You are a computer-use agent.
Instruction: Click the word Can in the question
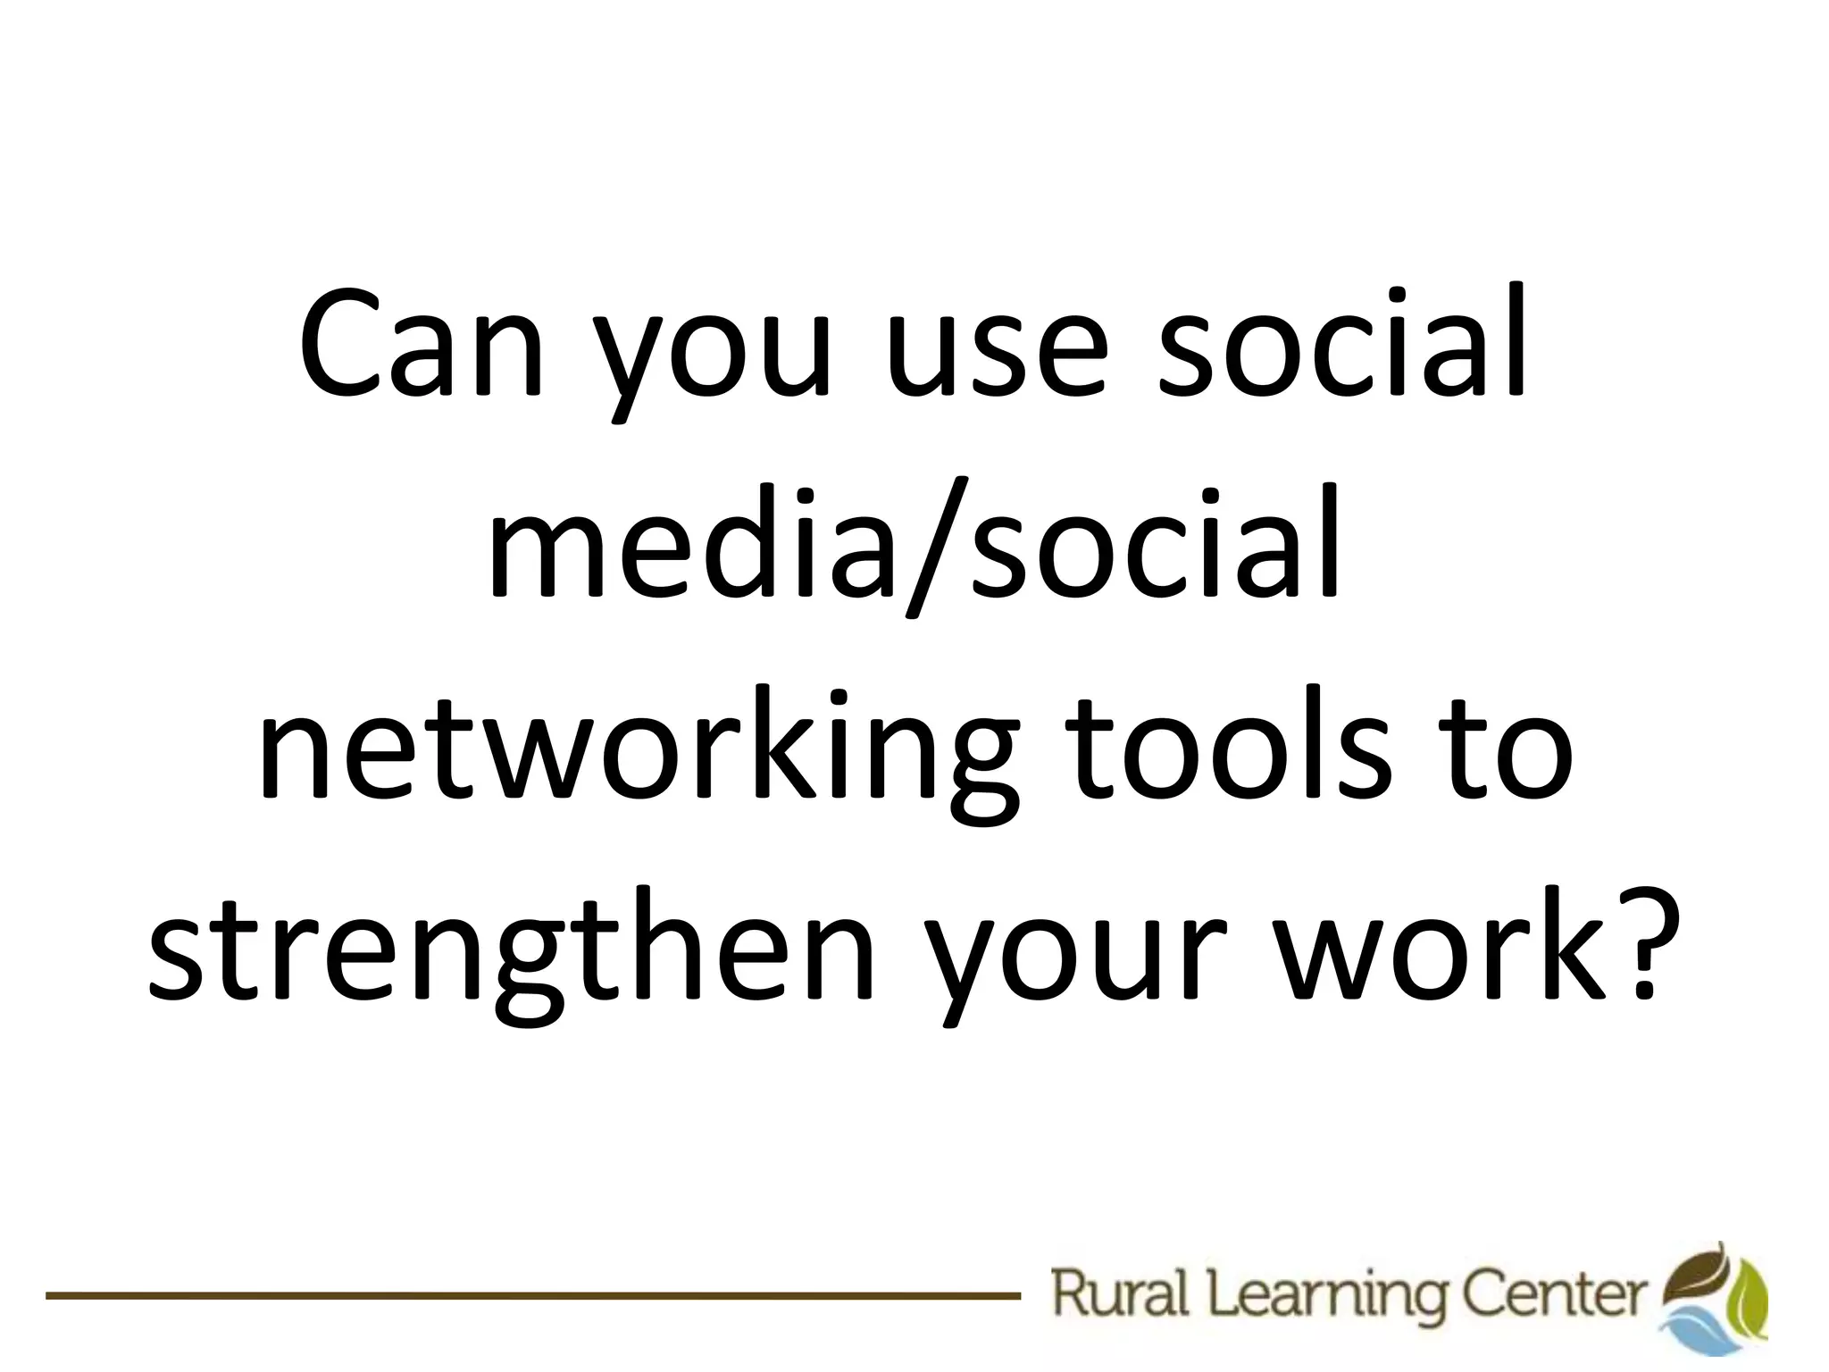click(x=421, y=353)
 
